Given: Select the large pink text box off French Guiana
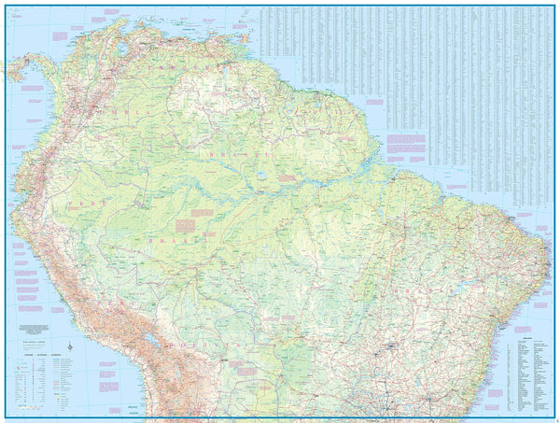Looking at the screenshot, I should (405, 146).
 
